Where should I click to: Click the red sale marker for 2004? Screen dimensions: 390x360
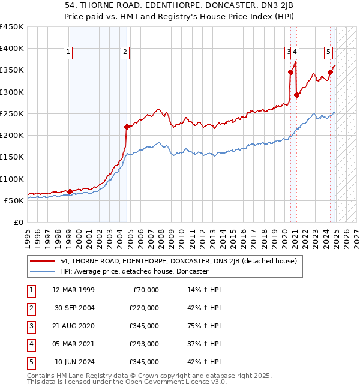127,127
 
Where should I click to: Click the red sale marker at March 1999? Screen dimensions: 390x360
70,191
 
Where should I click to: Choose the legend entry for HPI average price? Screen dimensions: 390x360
134,271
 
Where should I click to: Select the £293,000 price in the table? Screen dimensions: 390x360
144,344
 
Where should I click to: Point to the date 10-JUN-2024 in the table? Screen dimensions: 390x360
74,362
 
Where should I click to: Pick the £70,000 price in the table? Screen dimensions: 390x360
146,290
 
